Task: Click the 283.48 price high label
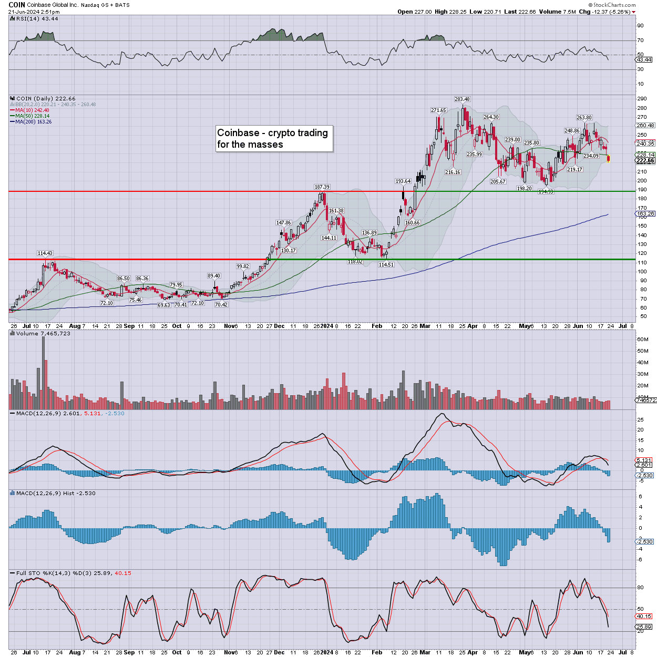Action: (x=462, y=99)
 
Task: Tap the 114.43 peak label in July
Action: (x=45, y=253)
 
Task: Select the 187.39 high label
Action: (x=322, y=187)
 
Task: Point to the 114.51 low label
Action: (x=386, y=264)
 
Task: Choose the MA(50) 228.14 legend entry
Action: (x=33, y=116)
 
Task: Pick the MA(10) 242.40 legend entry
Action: (x=33, y=110)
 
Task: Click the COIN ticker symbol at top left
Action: (x=17, y=5)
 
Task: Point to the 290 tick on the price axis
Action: (x=642, y=99)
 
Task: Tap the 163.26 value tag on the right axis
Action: (x=645, y=214)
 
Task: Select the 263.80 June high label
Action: (x=584, y=118)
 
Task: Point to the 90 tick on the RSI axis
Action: (x=640, y=26)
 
